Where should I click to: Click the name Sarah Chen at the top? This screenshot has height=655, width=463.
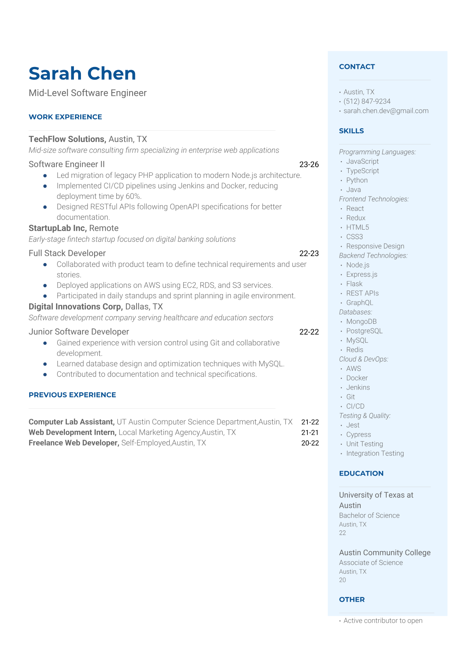pos(82,74)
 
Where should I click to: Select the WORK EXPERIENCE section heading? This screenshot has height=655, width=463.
pos(65,117)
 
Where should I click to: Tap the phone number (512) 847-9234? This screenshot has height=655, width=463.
pos(367,101)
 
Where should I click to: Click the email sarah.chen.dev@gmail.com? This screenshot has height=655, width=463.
pos(386,111)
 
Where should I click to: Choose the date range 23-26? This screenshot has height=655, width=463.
pos(309,164)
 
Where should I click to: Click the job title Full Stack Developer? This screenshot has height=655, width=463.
pos(67,253)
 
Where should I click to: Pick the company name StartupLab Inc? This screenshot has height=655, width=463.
pos(58,228)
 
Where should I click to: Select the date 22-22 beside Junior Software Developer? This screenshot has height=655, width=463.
pos(309,332)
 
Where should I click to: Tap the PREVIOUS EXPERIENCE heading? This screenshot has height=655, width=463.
pos(72,395)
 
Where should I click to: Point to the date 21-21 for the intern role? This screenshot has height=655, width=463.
pos(310,432)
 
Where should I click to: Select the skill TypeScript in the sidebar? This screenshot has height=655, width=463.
pos(362,171)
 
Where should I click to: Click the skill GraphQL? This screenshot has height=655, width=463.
pos(360,302)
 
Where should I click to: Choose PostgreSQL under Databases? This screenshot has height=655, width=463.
pos(364,331)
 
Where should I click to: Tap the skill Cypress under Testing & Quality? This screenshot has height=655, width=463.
pos(358,434)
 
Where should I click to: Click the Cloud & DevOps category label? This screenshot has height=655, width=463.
pos(363,359)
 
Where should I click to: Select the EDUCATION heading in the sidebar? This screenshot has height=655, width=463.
pos(361,473)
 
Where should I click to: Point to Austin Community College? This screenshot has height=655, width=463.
pos(384,553)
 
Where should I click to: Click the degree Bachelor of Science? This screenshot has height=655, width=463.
pos(369,515)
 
